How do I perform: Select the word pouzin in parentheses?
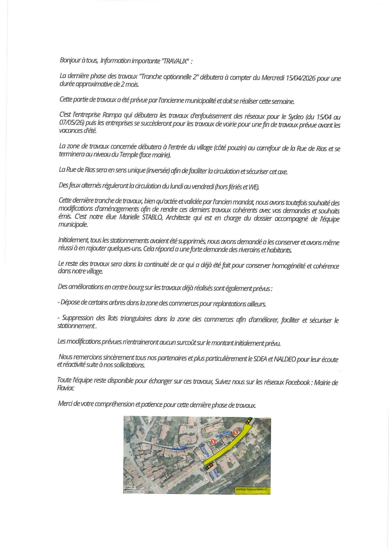[235, 148]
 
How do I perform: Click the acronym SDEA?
[260, 359]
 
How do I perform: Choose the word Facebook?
[297, 382]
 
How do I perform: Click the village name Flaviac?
[66, 388]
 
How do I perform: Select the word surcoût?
[182, 343]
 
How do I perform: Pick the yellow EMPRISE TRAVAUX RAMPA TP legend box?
[253, 490]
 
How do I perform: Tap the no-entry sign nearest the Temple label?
[213, 441]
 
